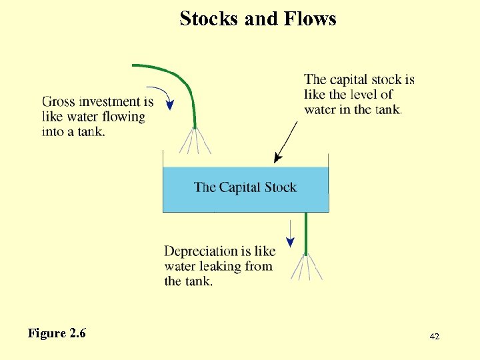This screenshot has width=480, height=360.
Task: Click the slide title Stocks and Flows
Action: tap(258, 19)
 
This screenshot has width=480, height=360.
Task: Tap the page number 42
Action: tap(434, 337)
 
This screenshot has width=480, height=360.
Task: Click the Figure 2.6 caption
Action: tap(57, 333)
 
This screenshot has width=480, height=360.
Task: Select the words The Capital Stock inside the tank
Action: tap(245, 187)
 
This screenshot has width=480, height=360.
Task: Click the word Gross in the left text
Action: tap(59, 102)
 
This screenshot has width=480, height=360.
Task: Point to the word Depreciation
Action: tap(201, 251)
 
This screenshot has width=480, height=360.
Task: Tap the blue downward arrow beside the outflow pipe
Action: tap(291, 233)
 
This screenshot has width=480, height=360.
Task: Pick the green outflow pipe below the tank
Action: tap(305, 233)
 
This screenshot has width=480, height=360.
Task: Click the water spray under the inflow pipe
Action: tap(195, 141)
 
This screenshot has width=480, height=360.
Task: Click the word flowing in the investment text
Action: tap(123, 117)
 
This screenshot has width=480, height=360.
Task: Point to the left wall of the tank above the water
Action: tap(163, 159)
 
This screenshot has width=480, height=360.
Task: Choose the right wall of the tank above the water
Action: tap(329, 159)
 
